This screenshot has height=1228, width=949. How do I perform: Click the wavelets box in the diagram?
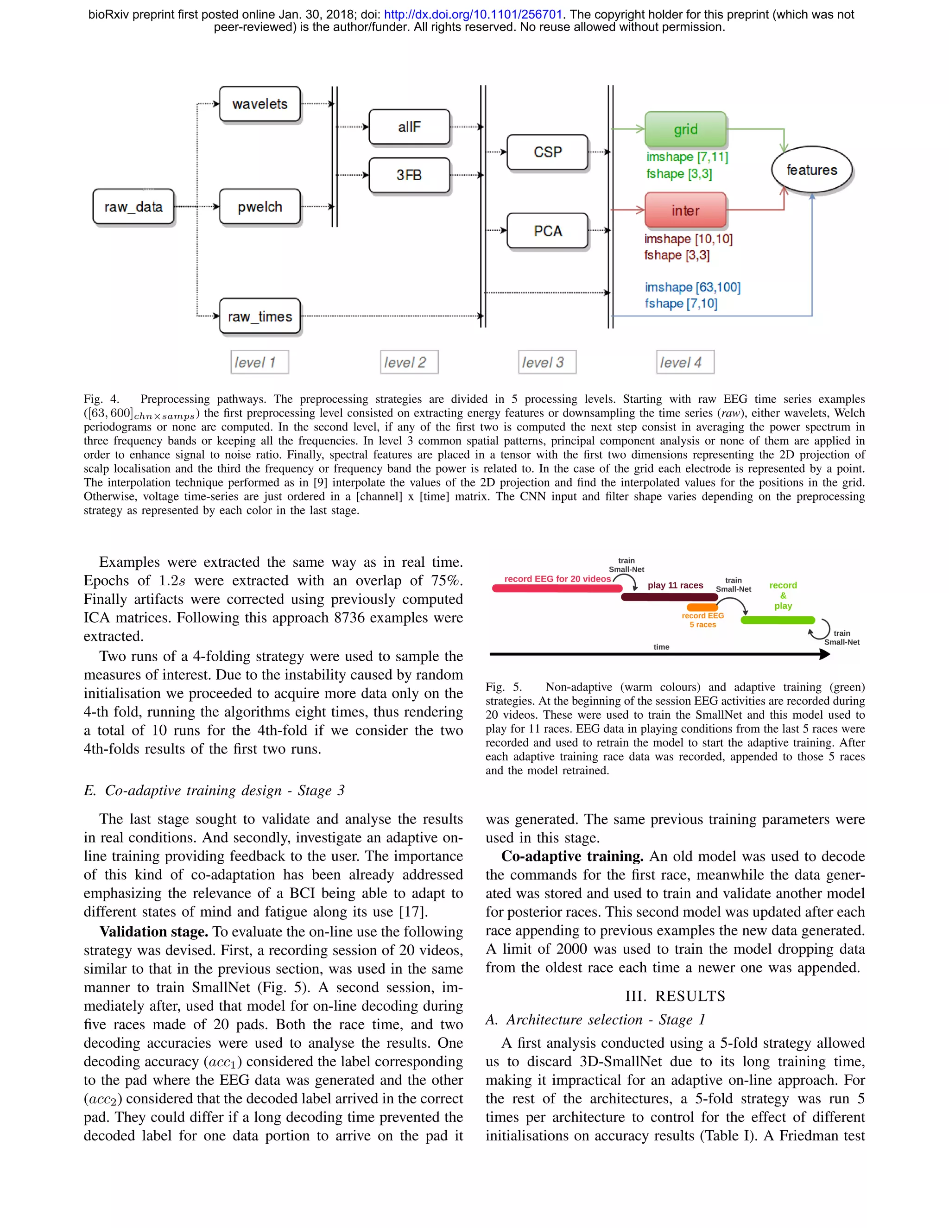(x=260, y=104)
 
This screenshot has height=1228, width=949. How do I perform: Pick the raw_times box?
(x=260, y=316)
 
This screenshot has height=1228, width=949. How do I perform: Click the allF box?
(x=409, y=127)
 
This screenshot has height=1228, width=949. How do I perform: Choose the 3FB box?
(x=409, y=175)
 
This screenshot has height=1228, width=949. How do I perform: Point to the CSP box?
(x=547, y=152)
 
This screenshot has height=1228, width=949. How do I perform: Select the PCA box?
(x=547, y=230)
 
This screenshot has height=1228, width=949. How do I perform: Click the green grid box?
(x=685, y=129)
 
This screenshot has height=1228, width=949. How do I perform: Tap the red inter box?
(x=685, y=210)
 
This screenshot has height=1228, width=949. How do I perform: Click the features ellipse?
(x=811, y=170)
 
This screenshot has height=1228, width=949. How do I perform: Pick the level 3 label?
(x=543, y=362)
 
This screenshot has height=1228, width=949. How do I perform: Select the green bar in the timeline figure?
(x=778, y=620)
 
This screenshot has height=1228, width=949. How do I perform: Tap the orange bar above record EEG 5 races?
(x=702, y=607)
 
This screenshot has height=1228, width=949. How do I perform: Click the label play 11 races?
(x=675, y=585)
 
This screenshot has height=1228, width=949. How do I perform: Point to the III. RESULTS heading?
(x=675, y=996)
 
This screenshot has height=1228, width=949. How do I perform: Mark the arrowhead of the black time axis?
(x=825, y=654)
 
